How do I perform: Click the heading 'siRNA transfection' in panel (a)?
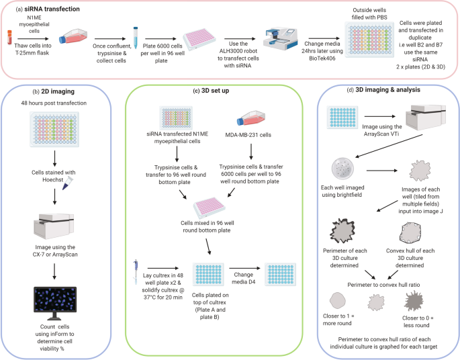(x=52, y=9)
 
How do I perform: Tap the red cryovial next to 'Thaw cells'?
(x=9, y=37)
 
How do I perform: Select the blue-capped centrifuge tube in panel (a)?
(x=135, y=38)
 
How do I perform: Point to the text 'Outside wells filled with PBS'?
(x=369, y=14)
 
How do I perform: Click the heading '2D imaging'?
(x=58, y=91)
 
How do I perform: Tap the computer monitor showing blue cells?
(x=55, y=303)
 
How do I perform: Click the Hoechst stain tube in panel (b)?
(x=67, y=183)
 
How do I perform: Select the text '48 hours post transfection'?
(x=54, y=103)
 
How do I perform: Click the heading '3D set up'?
(x=215, y=91)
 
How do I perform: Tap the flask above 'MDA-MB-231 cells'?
(x=251, y=118)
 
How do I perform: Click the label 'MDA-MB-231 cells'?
(x=248, y=135)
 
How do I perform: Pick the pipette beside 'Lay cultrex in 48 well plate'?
(x=136, y=272)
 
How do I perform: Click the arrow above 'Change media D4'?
(x=244, y=268)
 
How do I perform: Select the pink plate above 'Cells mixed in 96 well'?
(x=209, y=208)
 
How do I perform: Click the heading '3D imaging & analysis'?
(x=388, y=90)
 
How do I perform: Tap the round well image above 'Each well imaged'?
(x=342, y=169)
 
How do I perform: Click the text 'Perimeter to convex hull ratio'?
(x=383, y=285)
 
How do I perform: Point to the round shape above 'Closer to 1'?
(x=337, y=300)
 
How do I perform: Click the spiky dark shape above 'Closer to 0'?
(x=414, y=302)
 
